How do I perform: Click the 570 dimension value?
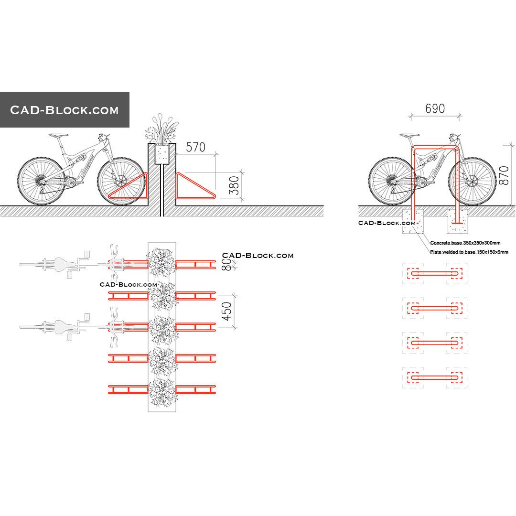195,148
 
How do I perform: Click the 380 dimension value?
234,185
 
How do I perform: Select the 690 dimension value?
435,109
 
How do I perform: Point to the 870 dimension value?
502,175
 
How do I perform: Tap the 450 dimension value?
227,311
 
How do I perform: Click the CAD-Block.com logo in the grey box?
64,110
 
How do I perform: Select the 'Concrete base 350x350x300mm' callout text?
465,243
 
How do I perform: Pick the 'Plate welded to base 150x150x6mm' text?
469,252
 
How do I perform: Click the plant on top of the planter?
162,129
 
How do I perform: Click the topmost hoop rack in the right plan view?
435,274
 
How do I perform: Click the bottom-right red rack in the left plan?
196,389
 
